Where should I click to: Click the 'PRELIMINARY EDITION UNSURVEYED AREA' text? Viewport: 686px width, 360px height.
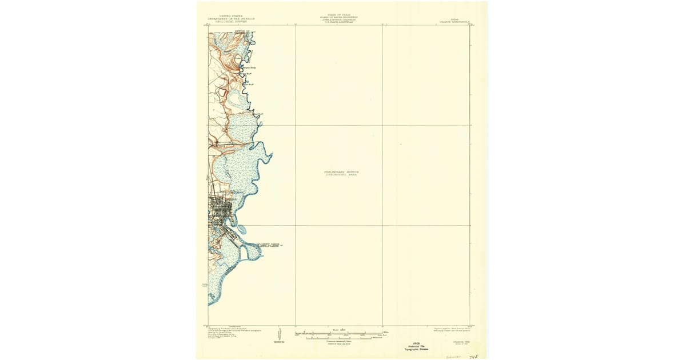pyautogui.click(x=342, y=173)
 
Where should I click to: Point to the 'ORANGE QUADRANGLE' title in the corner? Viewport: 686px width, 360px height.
pyautogui.click(x=454, y=21)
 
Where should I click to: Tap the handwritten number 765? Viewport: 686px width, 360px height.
pyautogui.click(x=472, y=354)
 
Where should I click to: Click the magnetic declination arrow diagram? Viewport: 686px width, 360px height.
pyautogui.click(x=279, y=335)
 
